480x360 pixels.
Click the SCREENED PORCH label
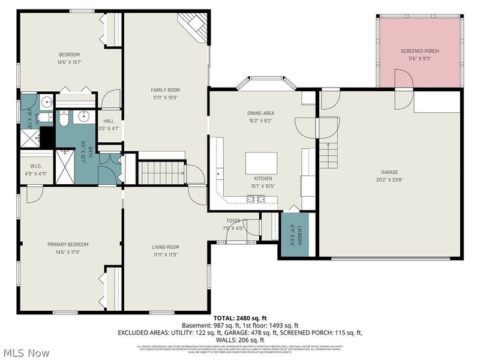point(416,52)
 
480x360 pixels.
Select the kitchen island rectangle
point(261,162)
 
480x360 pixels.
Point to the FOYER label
point(234,221)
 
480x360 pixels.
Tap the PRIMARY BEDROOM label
point(68,244)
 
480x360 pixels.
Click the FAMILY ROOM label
point(165,90)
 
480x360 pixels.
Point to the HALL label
point(109,121)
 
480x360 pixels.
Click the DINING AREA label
point(261,113)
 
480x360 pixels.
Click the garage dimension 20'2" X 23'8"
point(389,178)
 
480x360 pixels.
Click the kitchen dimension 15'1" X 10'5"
point(263,185)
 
